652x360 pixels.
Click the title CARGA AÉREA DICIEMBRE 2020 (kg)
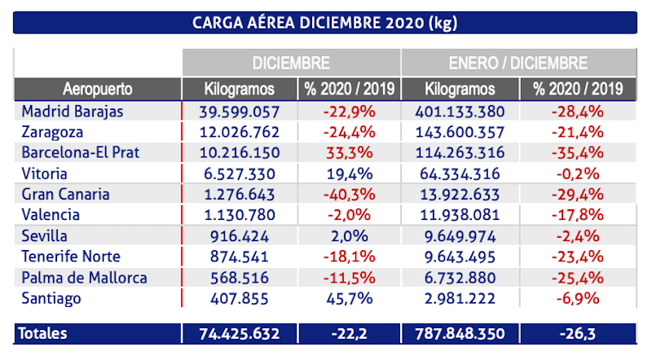pyautogui.click(x=324, y=22)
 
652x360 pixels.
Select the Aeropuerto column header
pyautogui.click(x=97, y=89)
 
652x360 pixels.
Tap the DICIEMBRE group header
pyautogui.click(x=290, y=63)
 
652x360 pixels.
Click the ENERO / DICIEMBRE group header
pyautogui.click(x=518, y=63)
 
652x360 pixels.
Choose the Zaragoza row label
pyautogui.click(x=53, y=132)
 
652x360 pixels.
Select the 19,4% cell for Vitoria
pyautogui.click(x=349, y=173)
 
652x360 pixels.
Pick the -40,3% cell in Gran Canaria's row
pyautogui.click(x=349, y=194)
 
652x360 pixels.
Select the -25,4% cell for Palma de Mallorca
pyautogui.click(x=578, y=278)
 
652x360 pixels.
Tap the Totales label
pyautogui.click(x=46, y=334)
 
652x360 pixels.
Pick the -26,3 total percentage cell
pyautogui.click(x=578, y=334)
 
